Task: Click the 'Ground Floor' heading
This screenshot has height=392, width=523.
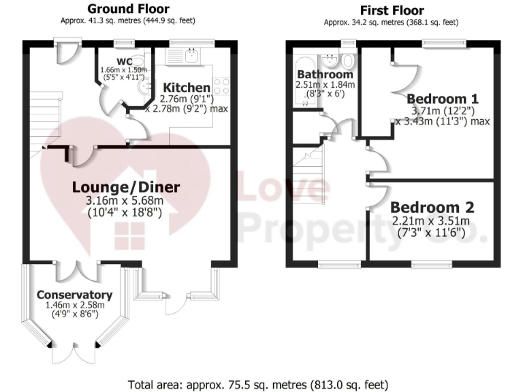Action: click(x=129, y=10)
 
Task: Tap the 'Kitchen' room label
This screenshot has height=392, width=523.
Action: click(x=185, y=88)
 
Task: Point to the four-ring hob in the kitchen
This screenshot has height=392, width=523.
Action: click(x=223, y=86)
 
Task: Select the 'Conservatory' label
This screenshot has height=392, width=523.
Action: click(x=74, y=295)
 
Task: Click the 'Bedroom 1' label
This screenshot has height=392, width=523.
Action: click(x=440, y=96)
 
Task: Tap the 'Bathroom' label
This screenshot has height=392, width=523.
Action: click(x=325, y=74)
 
